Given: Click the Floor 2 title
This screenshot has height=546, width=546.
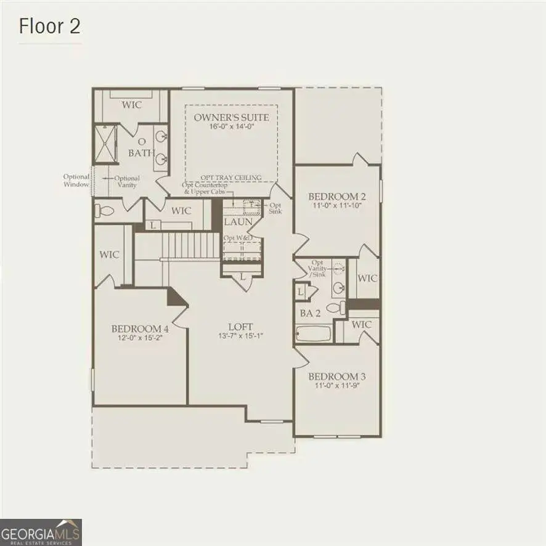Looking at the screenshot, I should [49, 26].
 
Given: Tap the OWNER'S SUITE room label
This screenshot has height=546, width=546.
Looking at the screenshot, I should [231, 117].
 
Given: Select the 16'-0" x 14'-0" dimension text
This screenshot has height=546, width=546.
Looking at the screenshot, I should [231, 127].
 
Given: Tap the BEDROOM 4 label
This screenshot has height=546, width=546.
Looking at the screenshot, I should [141, 328].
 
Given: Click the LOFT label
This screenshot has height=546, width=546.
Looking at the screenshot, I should [241, 327].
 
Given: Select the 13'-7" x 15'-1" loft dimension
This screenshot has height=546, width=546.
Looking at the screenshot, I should [241, 336].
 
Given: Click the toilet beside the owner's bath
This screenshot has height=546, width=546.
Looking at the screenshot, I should [105, 211].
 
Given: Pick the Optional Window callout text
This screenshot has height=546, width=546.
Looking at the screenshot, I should [76, 181].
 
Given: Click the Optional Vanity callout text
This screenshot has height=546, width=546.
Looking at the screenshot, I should [128, 182].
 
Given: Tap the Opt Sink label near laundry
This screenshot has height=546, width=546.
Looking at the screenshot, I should [275, 208].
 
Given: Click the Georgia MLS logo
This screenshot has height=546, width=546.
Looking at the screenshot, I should [41, 532].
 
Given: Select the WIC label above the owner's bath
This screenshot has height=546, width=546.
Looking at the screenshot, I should [131, 105].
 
